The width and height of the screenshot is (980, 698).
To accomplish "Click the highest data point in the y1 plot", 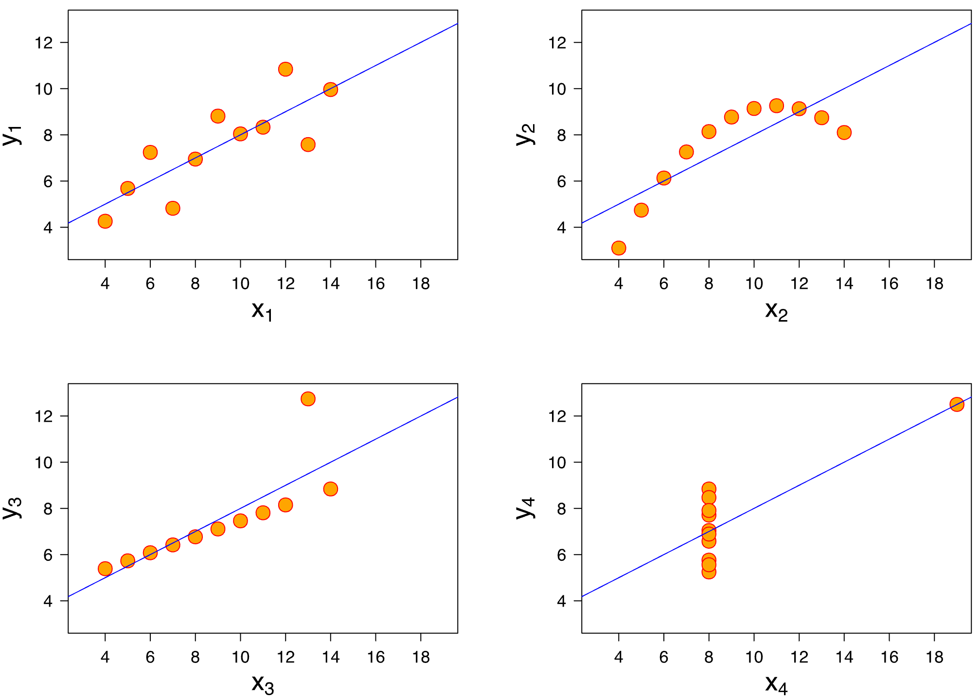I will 285,69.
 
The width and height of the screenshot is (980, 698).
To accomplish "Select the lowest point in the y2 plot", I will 619,248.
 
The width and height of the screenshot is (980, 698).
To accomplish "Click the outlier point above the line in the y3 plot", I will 308,399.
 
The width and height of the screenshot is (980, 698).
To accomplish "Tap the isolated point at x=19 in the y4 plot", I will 957,404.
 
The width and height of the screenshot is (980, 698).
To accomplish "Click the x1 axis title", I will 262,310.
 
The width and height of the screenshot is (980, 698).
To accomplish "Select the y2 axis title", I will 526,134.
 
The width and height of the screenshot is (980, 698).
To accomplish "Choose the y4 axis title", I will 526,508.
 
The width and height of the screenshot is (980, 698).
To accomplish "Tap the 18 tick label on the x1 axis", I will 421,284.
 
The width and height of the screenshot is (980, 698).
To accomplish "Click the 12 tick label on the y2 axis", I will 557,43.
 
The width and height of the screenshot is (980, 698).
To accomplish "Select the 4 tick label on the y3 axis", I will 48,601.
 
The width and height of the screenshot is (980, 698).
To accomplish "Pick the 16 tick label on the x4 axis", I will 889,657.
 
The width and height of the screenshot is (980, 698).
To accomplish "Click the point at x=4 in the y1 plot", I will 105,221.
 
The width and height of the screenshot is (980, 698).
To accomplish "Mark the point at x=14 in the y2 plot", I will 844,132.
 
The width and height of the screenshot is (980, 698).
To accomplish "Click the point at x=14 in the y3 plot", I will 331,489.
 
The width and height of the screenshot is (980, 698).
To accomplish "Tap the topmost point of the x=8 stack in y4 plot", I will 709,489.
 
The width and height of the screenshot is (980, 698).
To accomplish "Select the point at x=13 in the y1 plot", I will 308,144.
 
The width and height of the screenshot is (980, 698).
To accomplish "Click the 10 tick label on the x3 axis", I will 240,657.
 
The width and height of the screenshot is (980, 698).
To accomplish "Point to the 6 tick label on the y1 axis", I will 48,181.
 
